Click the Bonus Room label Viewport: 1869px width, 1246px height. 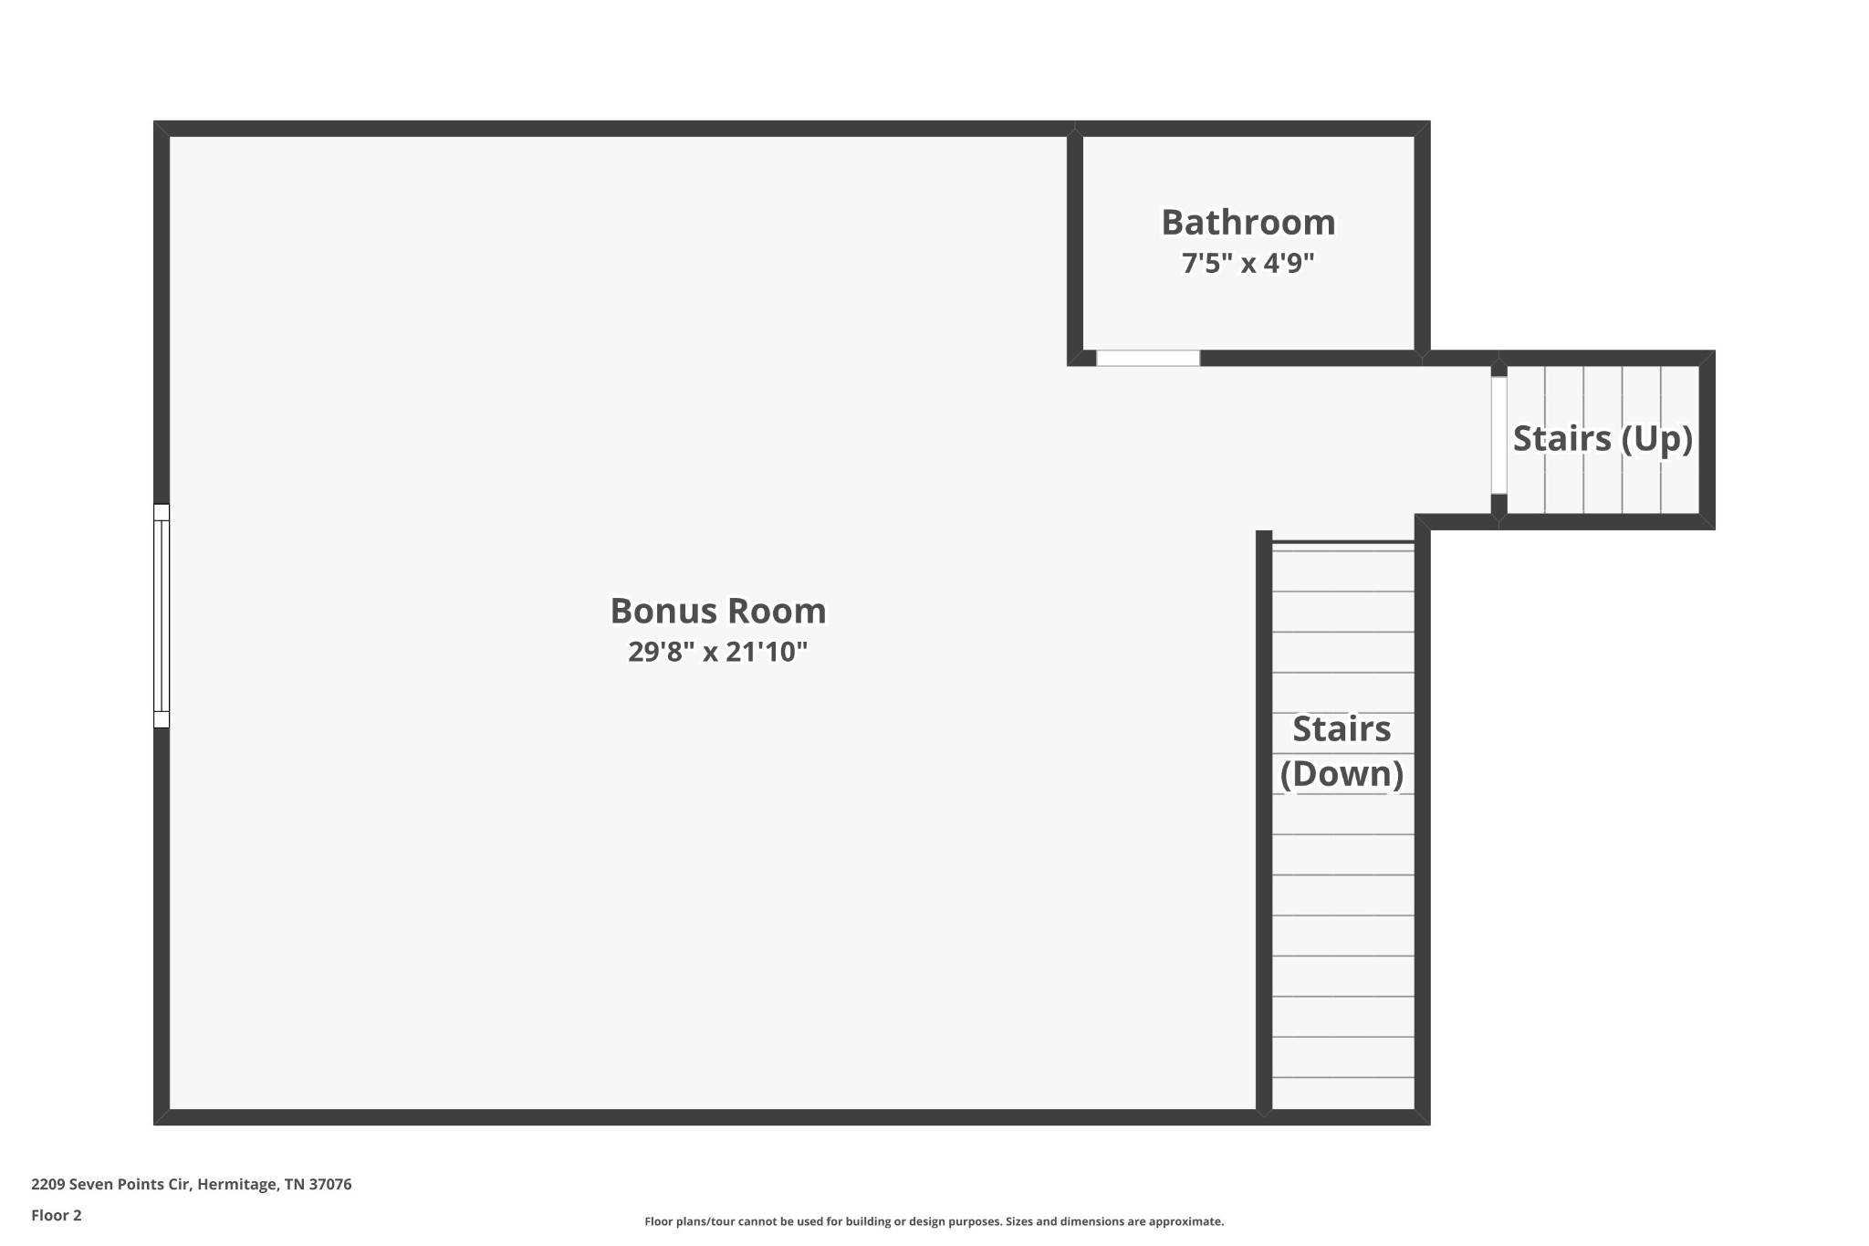click(718, 611)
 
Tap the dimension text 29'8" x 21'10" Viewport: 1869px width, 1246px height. click(718, 652)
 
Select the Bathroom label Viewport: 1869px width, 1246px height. click(1248, 222)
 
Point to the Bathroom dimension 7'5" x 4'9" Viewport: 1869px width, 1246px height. click(1248, 263)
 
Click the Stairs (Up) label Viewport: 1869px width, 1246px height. click(1603, 439)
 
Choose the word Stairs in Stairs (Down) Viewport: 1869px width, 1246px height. click(1342, 728)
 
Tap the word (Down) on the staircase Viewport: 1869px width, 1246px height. click(1342, 774)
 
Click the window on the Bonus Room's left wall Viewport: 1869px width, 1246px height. click(162, 615)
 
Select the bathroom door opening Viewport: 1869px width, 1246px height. click(1148, 359)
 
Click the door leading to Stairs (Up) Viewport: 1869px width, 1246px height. click(1498, 435)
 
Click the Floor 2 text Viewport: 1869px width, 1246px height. click(57, 1215)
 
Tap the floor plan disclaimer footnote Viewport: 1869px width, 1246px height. click(934, 1221)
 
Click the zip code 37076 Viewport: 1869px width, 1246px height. click(330, 1185)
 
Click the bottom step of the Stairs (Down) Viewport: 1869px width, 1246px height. click(1342, 1094)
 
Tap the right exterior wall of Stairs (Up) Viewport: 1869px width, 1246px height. click(1707, 440)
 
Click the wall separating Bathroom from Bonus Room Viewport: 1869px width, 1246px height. click(1075, 243)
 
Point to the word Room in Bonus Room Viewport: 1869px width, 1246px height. click(783, 611)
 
